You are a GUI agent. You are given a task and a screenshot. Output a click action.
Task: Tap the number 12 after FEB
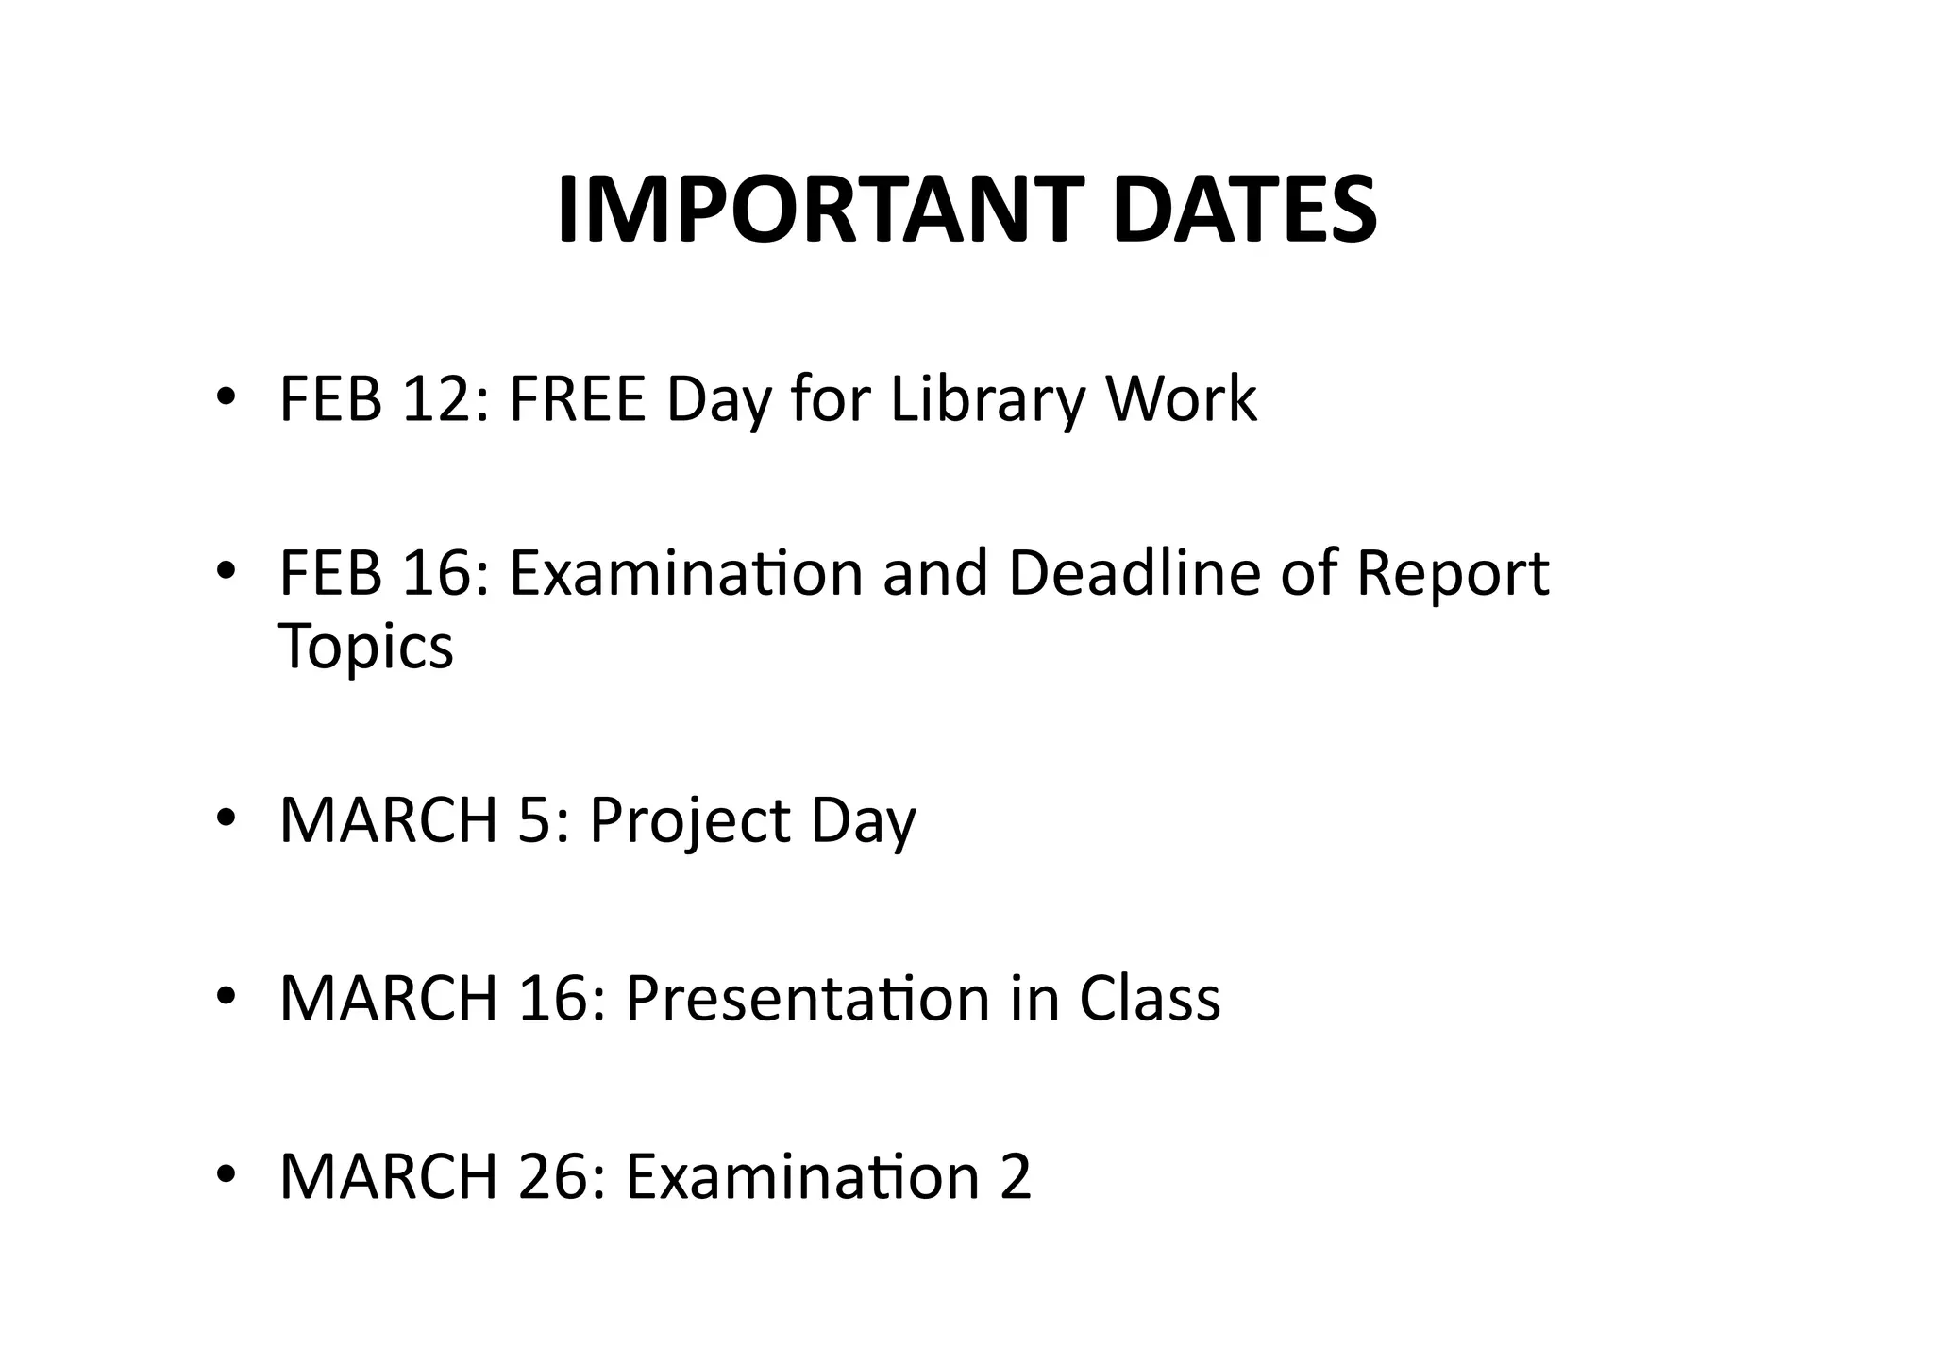442,398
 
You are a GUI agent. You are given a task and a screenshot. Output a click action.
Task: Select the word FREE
577,398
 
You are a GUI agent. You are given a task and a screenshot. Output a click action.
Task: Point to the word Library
987,398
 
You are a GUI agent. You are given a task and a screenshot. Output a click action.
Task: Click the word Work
1181,398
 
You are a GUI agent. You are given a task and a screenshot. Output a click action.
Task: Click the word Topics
366,648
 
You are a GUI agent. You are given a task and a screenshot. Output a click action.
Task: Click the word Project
690,820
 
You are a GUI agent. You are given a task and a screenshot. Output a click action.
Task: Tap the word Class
1150,998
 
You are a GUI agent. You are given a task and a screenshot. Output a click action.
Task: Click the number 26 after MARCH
557,1176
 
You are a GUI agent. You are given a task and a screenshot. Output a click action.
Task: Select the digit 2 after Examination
1015,1176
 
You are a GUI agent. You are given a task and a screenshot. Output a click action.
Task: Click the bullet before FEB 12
225,396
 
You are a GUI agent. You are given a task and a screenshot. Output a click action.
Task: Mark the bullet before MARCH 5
225,818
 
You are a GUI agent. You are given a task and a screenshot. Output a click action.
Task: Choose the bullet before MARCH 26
225,1174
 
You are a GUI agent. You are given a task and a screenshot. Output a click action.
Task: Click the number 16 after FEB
442,573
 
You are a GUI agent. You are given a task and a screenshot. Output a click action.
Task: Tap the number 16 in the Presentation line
557,998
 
